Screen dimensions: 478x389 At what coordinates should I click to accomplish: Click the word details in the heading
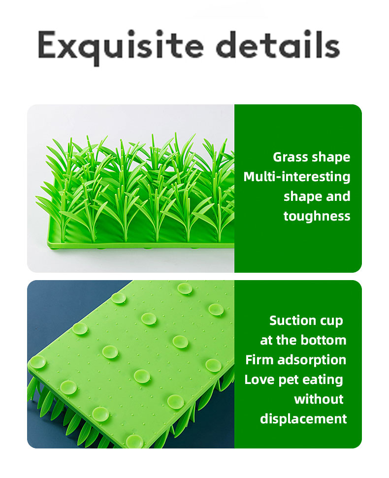279,45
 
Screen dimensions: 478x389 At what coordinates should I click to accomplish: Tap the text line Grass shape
312,157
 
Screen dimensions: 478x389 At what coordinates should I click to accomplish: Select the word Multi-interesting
297,177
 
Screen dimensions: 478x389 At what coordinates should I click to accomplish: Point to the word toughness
317,216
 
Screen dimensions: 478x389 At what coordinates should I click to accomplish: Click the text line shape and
317,196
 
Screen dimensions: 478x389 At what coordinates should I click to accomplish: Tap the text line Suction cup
306,321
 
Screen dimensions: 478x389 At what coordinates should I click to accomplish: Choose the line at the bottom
303,340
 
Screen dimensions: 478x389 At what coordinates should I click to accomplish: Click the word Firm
259,360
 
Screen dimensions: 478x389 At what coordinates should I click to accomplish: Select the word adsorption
312,360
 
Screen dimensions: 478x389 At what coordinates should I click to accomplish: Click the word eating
324,380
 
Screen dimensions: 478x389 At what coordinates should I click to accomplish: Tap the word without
319,399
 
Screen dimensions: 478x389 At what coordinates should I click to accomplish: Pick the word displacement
303,419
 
